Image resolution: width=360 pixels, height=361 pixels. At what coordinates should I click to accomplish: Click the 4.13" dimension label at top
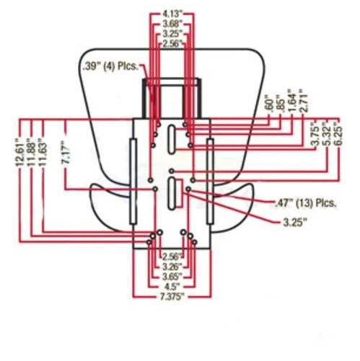coord(172,14)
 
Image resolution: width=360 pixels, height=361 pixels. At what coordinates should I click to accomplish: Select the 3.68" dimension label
coord(172,24)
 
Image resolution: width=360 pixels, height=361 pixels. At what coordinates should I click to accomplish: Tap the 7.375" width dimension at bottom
coord(172,297)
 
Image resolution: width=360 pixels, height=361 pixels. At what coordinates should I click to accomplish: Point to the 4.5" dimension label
coord(172,287)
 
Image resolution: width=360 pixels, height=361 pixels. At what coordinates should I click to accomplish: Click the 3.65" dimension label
coord(172,277)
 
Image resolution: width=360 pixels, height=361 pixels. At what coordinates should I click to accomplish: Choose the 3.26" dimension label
coord(172,267)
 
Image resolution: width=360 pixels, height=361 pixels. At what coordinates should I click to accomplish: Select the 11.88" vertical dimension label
coord(32,152)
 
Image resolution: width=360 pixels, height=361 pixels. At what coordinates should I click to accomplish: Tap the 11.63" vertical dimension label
coord(43,152)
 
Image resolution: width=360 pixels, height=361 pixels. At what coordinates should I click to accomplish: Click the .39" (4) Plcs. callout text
coord(110,66)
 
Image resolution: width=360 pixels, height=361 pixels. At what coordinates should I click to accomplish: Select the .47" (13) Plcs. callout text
coord(305,203)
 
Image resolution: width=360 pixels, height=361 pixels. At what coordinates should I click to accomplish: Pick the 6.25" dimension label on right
coord(338,134)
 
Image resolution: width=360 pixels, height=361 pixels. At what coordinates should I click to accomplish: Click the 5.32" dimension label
coord(327,134)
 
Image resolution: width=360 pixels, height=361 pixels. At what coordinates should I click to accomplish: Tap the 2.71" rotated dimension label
coord(304,100)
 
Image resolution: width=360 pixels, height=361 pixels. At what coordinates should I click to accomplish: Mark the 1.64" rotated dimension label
coord(292,100)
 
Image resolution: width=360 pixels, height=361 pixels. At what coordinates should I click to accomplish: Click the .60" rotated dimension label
coord(269,104)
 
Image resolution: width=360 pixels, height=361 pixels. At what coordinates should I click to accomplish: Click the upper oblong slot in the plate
coord(171,139)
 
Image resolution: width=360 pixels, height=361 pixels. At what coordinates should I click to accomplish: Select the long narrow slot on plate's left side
coord(133,182)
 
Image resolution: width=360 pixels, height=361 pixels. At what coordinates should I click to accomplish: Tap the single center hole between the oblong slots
coord(172,171)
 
